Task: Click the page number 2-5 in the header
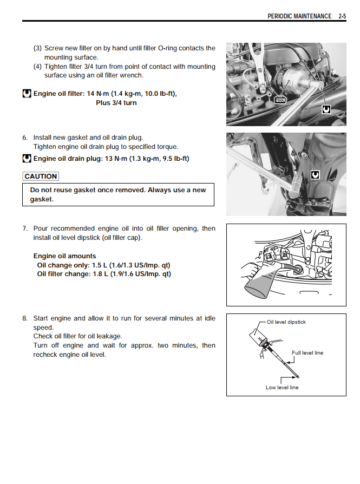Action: coord(342,16)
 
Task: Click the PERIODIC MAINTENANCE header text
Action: coord(299,16)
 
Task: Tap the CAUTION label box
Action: coord(41,176)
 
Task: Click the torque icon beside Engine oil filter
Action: coord(27,94)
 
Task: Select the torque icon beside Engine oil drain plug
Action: coord(27,159)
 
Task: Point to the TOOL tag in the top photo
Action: coord(280,100)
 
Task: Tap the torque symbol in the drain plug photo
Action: coord(315,174)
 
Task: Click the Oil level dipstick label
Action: coord(286,322)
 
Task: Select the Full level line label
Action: coord(307,353)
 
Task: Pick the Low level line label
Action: coord(282,388)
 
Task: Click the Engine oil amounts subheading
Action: coord(64,256)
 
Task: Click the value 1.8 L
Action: coord(100,274)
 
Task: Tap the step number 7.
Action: coord(25,228)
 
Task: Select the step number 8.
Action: coord(25,318)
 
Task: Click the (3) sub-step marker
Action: coord(38,48)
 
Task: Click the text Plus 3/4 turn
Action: coord(116,103)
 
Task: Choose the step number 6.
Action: coord(25,138)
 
